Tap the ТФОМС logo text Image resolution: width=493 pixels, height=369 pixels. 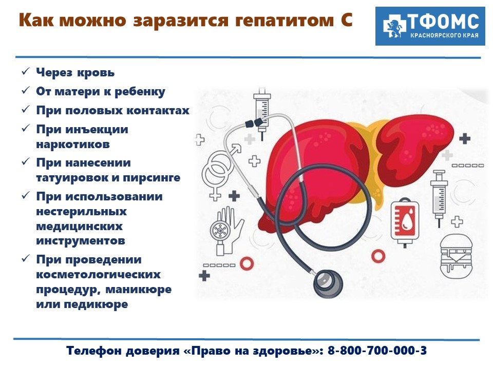[443, 22]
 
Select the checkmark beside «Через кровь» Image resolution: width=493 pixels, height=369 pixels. [26, 71]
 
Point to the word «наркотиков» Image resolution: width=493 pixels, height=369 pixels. [73, 145]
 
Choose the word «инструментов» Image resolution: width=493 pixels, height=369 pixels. [81, 241]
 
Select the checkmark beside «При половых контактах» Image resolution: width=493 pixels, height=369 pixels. [26, 109]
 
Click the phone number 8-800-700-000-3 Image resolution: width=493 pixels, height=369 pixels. [377, 351]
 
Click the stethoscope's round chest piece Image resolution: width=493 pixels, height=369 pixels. [328, 284]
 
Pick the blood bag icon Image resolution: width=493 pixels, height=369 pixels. [405, 222]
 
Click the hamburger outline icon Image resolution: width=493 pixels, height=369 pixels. [456, 257]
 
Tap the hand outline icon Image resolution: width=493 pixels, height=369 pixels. [227, 231]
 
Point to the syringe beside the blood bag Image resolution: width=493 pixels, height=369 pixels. [439, 198]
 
